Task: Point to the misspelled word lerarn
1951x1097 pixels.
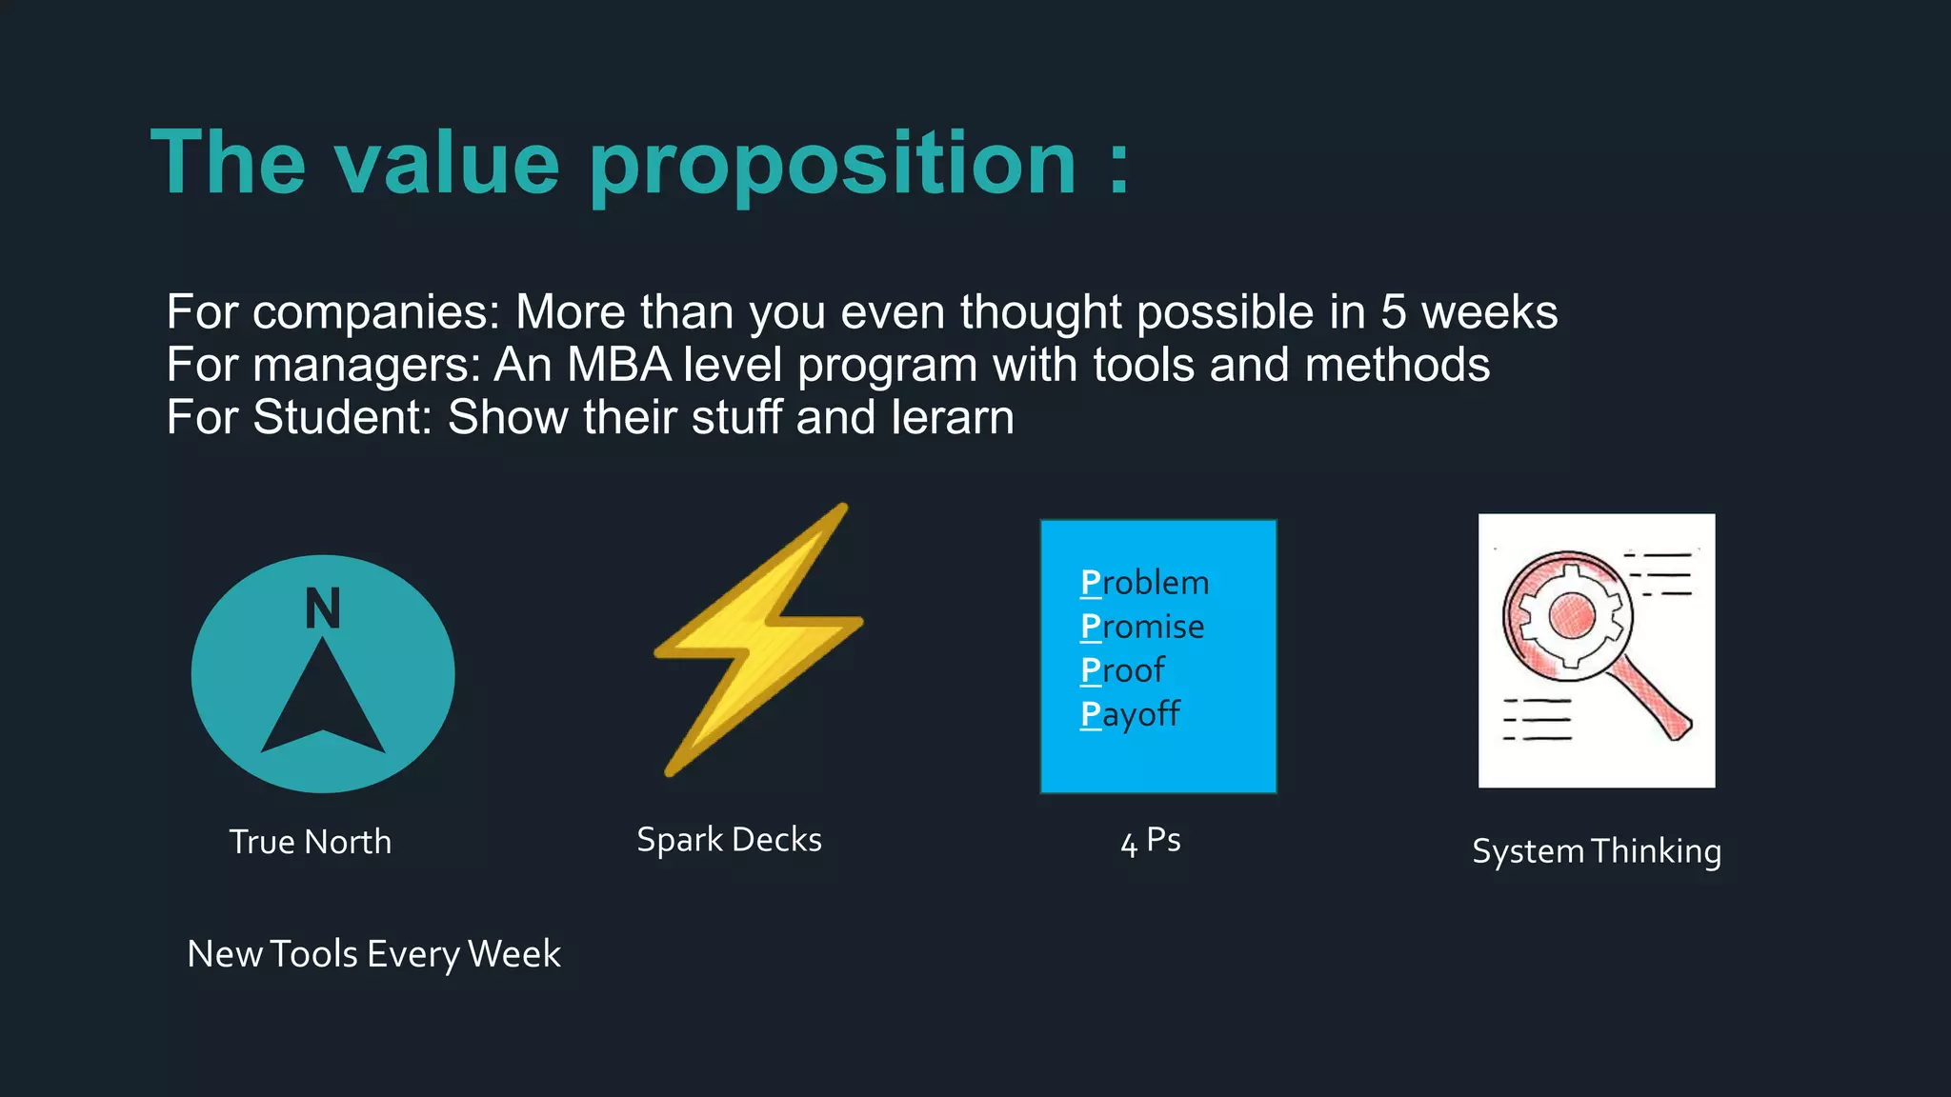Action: pos(952,417)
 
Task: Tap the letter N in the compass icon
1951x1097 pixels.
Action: pos(323,608)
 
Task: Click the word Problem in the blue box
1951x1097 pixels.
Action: pos(1144,582)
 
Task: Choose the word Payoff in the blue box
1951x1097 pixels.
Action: pos(1130,714)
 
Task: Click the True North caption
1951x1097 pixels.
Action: pos(310,842)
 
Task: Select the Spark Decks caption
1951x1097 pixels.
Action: pos(729,840)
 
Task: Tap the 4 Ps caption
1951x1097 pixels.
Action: pos(1151,841)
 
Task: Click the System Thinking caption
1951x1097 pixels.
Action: pos(1596,850)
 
